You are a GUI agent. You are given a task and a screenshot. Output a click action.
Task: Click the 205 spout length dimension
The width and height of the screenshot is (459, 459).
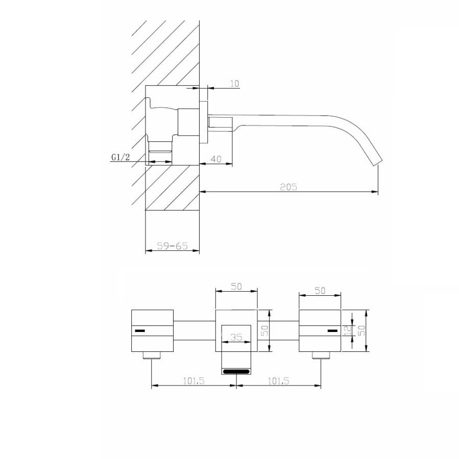(x=288, y=187)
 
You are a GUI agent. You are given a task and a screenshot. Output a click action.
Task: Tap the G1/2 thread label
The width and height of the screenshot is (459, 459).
(x=120, y=157)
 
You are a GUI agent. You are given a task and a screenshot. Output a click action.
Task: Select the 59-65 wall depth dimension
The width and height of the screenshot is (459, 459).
(x=173, y=246)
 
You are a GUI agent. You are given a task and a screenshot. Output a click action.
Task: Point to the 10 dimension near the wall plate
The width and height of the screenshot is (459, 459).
(x=234, y=84)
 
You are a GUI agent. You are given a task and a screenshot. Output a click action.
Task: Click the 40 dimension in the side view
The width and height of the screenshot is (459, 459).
(x=216, y=159)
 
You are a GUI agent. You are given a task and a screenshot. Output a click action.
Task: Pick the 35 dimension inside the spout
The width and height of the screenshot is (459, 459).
(x=236, y=337)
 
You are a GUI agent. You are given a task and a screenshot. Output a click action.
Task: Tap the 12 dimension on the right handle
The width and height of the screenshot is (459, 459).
(x=348, y=330)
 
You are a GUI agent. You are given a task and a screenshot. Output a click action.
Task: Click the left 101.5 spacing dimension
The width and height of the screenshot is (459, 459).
(x=194, y=381)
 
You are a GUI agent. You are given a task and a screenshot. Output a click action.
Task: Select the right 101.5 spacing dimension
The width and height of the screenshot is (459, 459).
(x=278, y=381)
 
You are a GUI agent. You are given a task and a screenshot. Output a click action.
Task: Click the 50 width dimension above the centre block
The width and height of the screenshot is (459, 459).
(x=236, y=286)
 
